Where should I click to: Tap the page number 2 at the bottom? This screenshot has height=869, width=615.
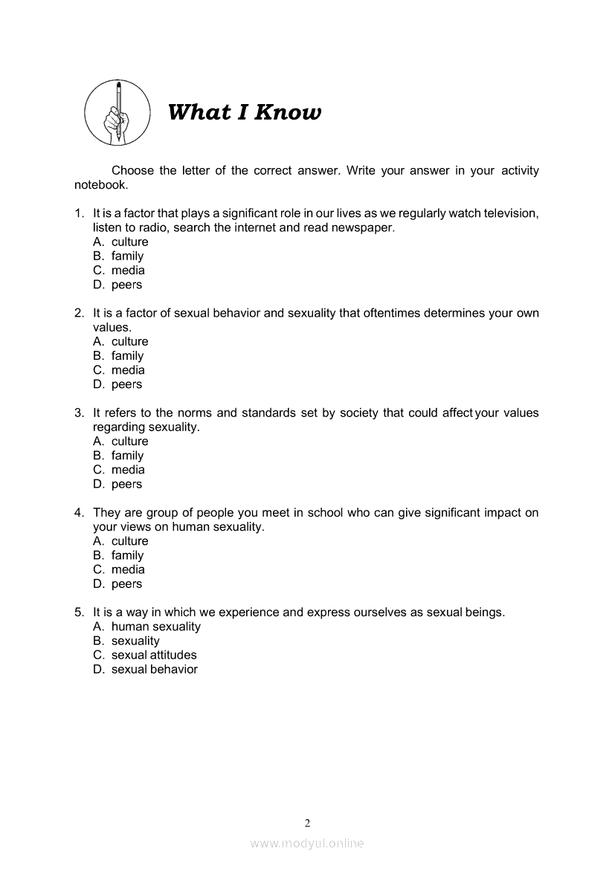tap(307, 822)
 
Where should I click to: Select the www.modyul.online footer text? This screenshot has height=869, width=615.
tap(307, 843)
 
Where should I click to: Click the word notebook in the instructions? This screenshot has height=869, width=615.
tap(100, 185)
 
